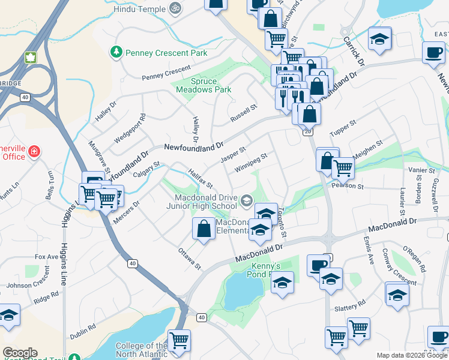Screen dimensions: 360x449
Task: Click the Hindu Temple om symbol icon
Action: (x=175, y=7)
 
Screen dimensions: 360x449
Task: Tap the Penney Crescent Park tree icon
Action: (x=116, y=53)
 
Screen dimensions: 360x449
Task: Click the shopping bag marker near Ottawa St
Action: (x=203, y=229)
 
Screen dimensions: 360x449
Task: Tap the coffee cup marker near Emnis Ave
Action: (x=318, y=265)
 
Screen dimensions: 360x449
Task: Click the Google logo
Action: (x=20, y=353)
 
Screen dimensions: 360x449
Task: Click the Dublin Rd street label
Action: (x=83, y=331)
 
